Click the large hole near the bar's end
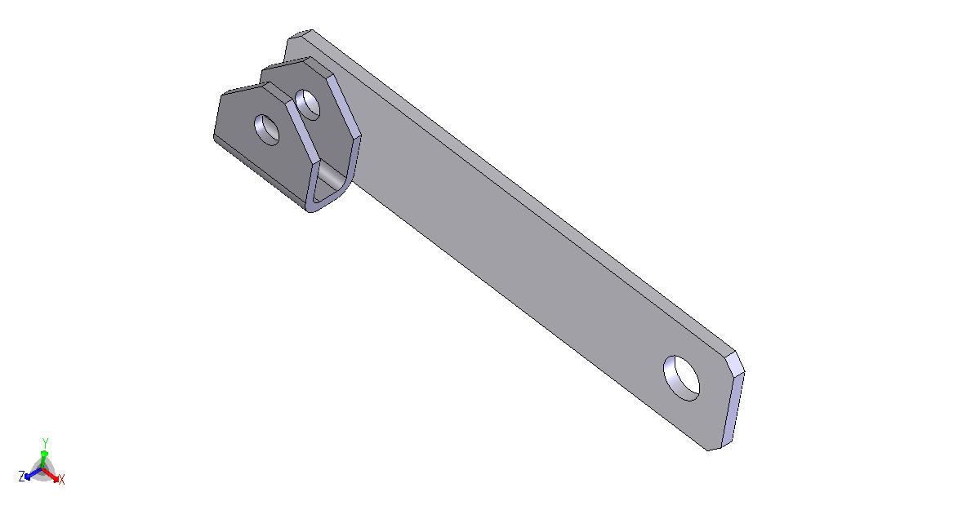coord(681,378)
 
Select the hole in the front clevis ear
coord(266,130)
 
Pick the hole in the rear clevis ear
coord(307,105)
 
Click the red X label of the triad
coord(61,480)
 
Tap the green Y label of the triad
coord(45,443)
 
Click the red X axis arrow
coord(51,476)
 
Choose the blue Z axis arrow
coord(33,474)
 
